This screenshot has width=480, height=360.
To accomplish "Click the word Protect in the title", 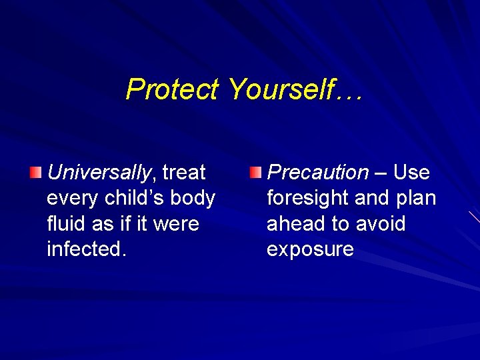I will (172, 89).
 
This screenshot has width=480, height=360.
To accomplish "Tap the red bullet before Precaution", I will (255, 173).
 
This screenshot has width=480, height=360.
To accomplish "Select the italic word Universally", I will (99, 173).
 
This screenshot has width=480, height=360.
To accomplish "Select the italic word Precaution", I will (317, 173).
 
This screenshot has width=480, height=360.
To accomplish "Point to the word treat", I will (184, 173).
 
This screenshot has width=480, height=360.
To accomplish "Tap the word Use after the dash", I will (411, 173).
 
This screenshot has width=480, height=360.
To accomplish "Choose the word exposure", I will (310, 249).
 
